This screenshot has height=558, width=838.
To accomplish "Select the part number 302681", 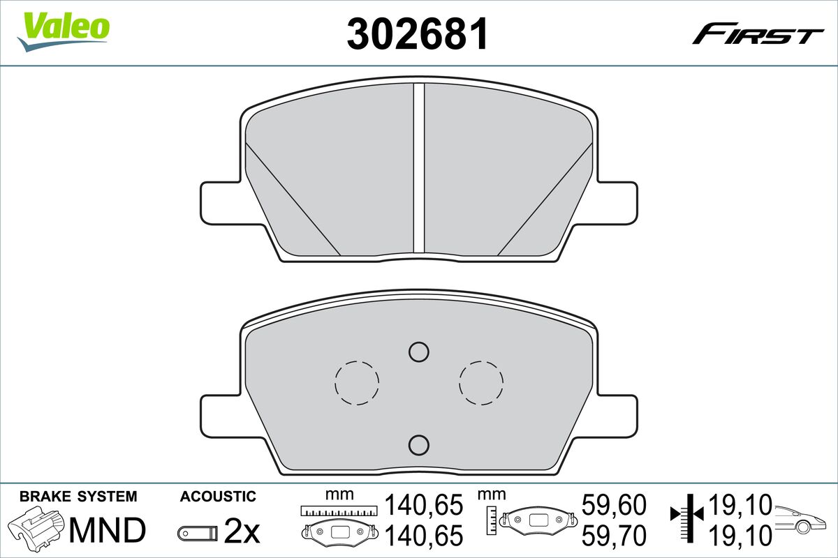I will pos(417,33).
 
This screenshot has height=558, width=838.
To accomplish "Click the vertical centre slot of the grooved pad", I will pos(419,167).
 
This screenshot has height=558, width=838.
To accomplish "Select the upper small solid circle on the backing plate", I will pos(418,352).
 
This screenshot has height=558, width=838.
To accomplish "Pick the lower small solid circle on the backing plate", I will pos(418,444).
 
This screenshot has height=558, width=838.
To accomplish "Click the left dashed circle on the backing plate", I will pos(357,382).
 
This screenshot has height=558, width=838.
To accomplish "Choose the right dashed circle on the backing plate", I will pos(481,382).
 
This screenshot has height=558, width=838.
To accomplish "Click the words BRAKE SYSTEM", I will pos(78,497).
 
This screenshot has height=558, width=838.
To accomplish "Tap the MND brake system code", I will pos(106,531).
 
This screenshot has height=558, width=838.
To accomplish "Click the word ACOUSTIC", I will pos(218,497).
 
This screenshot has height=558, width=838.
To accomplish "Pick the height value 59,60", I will pos(614,504).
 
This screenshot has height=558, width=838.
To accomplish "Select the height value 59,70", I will pos(614,535).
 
